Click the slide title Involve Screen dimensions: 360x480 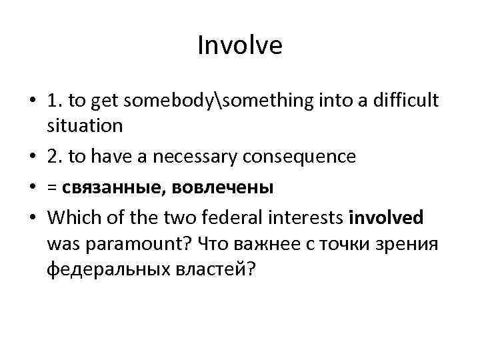pos(240,46)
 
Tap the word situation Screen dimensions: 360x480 pos(85,125)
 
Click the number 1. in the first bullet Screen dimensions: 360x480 pos(55,101)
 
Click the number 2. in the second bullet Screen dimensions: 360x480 pos(55,157)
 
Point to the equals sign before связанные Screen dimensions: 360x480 pos(52,189)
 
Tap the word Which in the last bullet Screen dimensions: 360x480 pos(69,219)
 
